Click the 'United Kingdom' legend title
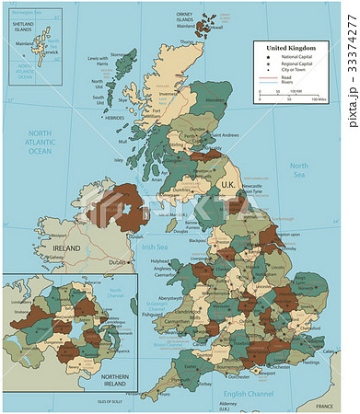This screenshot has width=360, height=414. coord(290,47)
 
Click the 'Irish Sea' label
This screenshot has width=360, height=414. coord(154,247)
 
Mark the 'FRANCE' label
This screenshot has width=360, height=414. coord(323,406)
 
